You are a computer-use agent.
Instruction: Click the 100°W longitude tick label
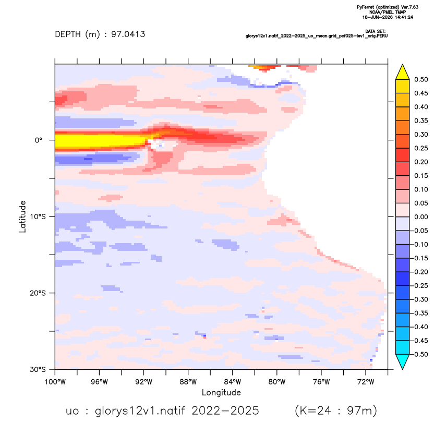[55, 382]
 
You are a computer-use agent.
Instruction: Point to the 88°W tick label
[188, 382]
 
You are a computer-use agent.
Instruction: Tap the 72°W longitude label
[366, 382]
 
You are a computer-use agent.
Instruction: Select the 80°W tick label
[277, 382]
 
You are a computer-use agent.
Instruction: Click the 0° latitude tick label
[39, 140]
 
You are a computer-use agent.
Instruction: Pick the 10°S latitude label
[38, 216]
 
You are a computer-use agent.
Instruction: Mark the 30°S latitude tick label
[38, 369]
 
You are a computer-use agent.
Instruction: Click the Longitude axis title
[221, 393]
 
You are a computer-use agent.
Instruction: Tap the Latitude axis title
[22, 216]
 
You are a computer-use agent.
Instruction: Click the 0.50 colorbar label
[421, 79]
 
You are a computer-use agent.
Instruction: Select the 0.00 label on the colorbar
[421, 217]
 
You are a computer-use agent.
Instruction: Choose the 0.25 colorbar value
[421, 148]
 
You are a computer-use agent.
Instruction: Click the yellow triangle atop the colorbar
[403, 72]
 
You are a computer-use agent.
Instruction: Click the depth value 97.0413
[128, 34]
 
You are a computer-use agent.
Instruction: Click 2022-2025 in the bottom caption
[225, 411]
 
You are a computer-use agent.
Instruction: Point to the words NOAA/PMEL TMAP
[388, 12]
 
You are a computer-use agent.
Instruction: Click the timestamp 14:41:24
[404, 17]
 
